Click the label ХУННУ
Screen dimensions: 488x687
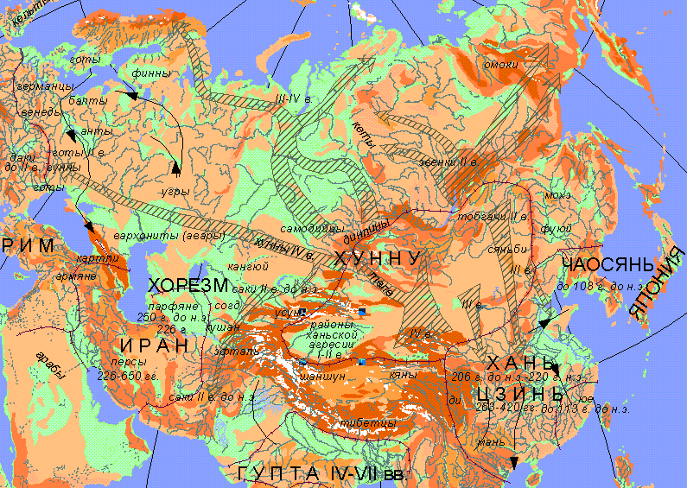[x=378, y=259]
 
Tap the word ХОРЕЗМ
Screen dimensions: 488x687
[x=188, y=286]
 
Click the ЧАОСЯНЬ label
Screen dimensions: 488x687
[x=603, y=264]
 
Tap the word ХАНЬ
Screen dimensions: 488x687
[x=519, y=362]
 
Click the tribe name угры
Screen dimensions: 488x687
[x=175, y=189]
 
